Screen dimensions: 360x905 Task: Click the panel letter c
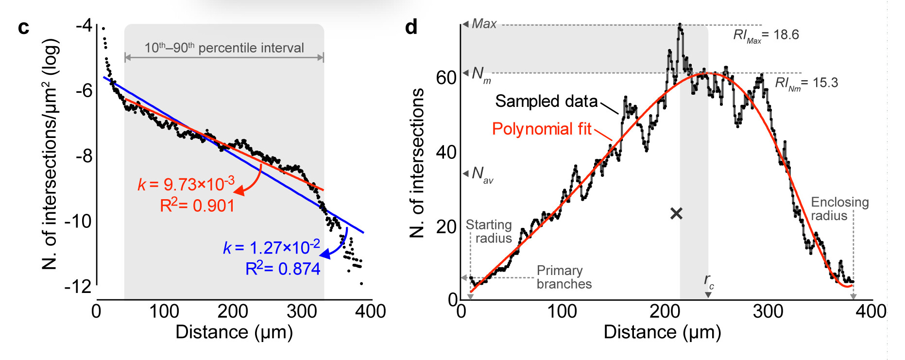click(23, 28)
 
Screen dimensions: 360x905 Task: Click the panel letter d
click(411, 27)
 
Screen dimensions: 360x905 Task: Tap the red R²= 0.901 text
click(197, 206)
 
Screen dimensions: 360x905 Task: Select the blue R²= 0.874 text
click(283, 268)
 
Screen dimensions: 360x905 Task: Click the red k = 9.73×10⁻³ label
click(186, 184)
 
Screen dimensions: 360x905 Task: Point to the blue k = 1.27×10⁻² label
click(271, 247)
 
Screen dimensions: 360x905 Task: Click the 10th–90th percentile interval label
click(224, 48)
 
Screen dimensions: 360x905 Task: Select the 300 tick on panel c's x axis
click(302, 311)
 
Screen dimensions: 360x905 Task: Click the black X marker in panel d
click(676, 213)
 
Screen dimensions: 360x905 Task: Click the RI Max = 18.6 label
click(766, 35)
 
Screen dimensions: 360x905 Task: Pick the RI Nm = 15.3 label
click(806, 83)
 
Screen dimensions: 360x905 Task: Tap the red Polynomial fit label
click(542, 129)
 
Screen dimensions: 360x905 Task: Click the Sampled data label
click(546, 101)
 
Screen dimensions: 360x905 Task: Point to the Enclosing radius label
click(839, 209)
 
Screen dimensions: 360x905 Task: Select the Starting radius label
click(489, 231)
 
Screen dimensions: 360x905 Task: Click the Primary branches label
click(563, 277)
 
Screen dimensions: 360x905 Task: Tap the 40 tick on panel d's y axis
click(446, 152)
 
